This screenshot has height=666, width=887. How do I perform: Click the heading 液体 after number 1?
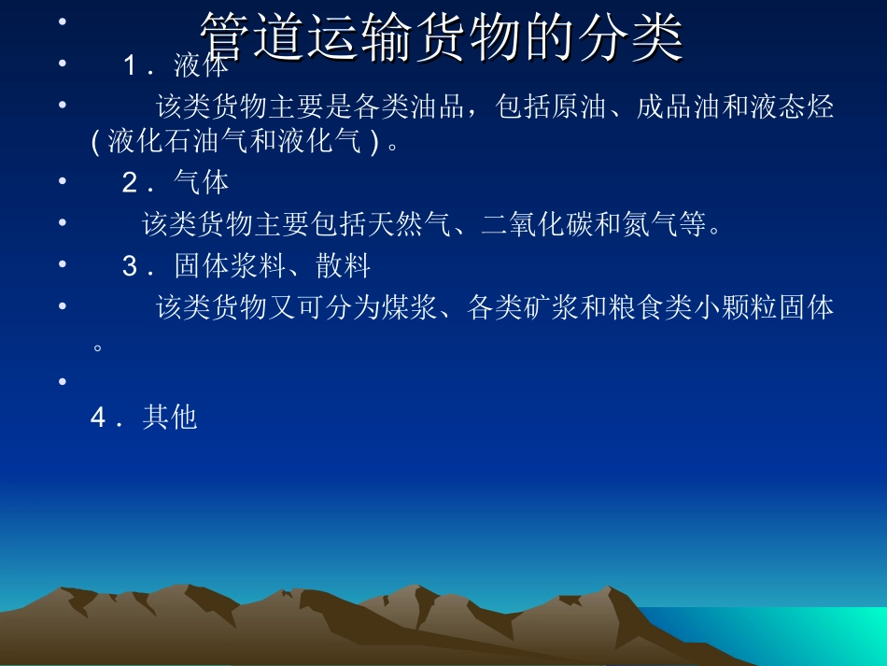(201, 66)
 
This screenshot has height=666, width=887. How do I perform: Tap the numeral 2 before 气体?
(130, 183)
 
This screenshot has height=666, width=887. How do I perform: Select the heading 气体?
(201, 183)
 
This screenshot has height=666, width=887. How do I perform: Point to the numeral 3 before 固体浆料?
(130, 267)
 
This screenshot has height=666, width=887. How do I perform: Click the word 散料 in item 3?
(343, 267)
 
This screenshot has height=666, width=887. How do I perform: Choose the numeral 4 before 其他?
(98, 418)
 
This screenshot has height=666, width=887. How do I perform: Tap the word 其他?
(170, 418)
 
